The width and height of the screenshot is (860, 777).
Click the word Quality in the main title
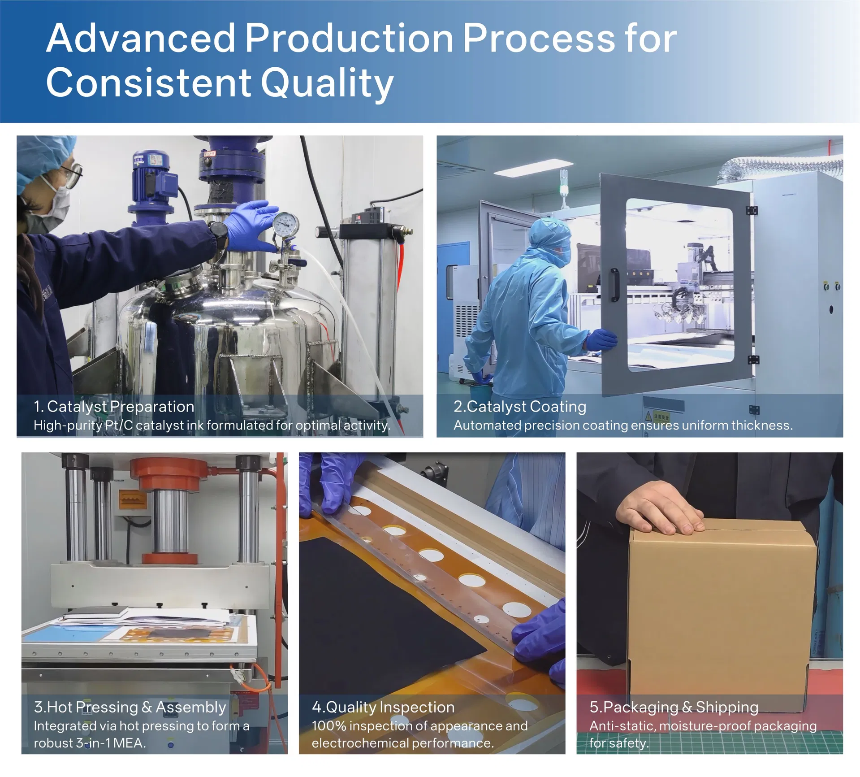(327, 83)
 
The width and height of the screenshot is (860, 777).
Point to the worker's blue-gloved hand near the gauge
(251, 226)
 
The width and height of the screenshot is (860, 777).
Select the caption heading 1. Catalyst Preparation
(114, 407)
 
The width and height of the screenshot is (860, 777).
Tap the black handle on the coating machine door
(615, 285)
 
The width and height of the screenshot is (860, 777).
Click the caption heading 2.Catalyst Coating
(520, 407)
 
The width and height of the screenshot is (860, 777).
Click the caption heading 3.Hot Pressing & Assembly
(130, 707)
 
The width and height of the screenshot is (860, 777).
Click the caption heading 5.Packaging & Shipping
(674, 707)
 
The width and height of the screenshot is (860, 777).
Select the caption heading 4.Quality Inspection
(383, 707)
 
